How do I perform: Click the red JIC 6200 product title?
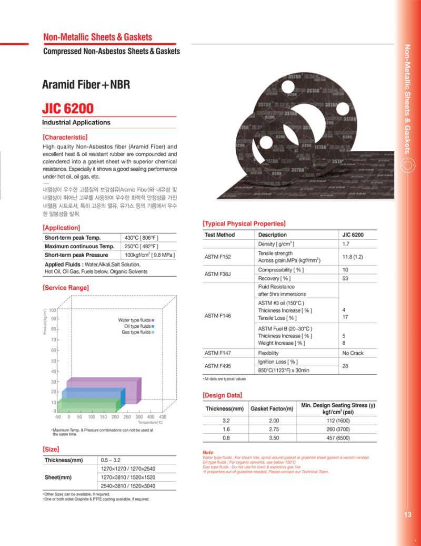[x=68, y=109]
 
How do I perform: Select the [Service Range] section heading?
[x=66, y=288]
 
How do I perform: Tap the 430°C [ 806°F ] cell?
[x=142, y=238]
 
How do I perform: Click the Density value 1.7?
[x=346, y=244]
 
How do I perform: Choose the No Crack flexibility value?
[x=353, y=353]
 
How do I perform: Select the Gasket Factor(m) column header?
[x=272, y=408]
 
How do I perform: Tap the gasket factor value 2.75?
[x=274, y=430]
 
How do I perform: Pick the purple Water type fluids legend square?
[x=153, y=320]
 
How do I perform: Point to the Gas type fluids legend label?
[x=136, y=333]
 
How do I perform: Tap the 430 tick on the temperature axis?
[x=163, y=417]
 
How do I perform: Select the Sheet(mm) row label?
[x=58, y=477]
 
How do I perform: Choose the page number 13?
[x=408, y=515]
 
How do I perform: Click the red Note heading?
[x=208, y=453]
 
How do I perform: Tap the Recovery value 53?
[x=346, y=278]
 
